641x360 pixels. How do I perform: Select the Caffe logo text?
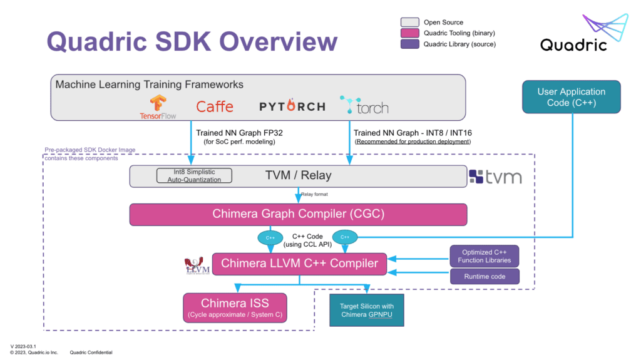pos(215,106)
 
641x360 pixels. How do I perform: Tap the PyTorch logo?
pos(292,106)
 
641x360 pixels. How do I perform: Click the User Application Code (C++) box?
pos(571,96)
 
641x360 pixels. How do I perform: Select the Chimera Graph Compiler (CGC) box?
pos(298,214)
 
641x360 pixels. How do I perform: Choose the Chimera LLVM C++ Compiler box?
pos(299,264)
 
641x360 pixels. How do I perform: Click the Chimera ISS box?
pos(235,308)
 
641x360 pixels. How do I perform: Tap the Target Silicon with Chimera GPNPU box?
pos(367,309)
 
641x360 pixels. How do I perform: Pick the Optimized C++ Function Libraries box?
pos(485,256)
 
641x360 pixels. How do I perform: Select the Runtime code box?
pos(485,275)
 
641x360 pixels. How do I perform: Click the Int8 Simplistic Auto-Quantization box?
pos(193,176)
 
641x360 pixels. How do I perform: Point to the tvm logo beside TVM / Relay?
pos(495,177)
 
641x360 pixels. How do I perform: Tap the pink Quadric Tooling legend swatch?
pos(409,33)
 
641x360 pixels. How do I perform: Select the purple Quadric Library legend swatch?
pos(409,44)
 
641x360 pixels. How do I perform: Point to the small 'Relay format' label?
pos(314,194)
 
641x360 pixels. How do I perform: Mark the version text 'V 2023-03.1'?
pos(24,346)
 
